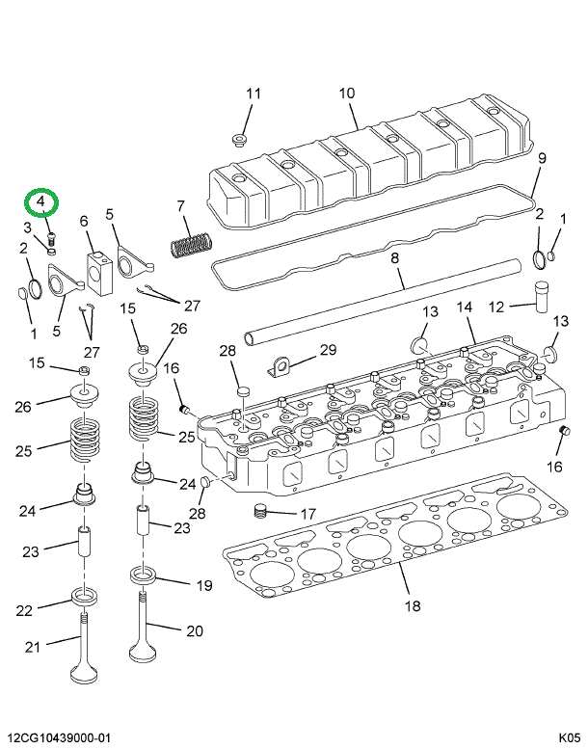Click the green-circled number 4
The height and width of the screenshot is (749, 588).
[41, 201]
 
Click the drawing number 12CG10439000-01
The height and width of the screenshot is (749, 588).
[58, 737]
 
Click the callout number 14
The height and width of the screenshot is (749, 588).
[464, 308]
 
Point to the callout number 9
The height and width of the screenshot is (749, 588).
[541, 158]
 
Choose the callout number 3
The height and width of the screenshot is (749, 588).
[29, 227]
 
